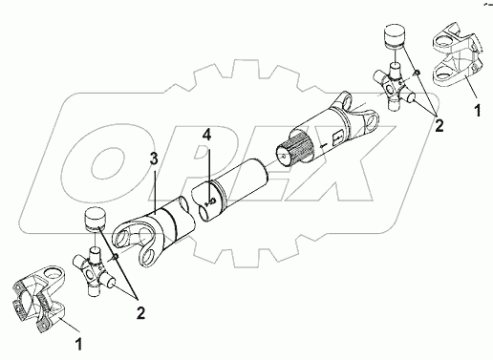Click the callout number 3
[154, 159]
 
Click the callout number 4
[206, 136]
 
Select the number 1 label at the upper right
[477, 111]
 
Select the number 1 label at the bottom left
[78, 345]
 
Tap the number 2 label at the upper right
[439, 126]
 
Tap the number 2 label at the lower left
[140, 313]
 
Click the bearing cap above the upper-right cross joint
[395, 36]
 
